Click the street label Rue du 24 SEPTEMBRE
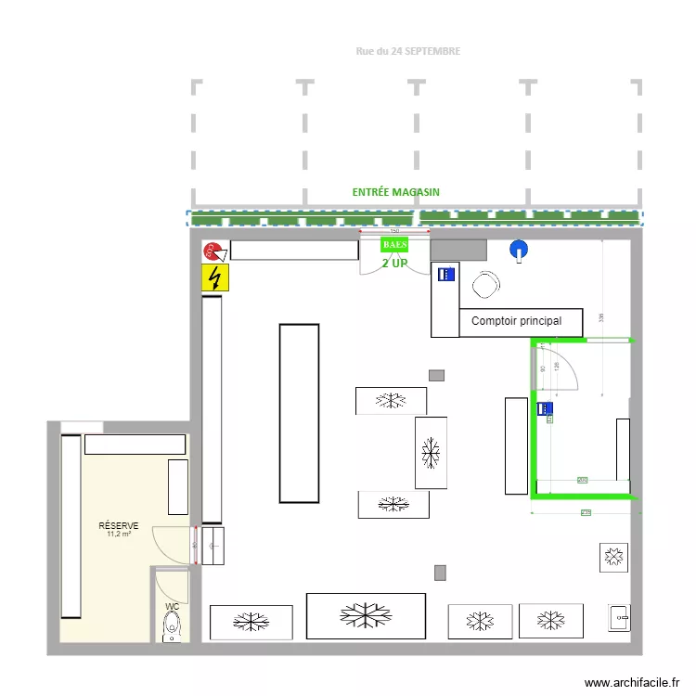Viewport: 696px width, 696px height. (x=407, y=52)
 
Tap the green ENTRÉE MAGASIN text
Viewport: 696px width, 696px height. (x=395, y=192)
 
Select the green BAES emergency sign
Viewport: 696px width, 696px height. (x=395, y=244)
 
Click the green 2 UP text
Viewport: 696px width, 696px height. (x=394, y=264)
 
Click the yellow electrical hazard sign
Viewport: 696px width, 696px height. (x=215, y=277)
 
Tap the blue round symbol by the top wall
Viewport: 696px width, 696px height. (x=518, y=249)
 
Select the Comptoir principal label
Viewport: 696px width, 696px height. (x=516, y=321)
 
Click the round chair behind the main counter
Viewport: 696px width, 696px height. (x=486, y=286)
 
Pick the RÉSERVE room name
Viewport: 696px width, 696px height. (x=119, y=526)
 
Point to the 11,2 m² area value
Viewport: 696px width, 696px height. (x=119, y=535)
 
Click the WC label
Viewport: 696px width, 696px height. (x=172, y=606)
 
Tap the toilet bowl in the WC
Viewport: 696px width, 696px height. (x=172, y=629)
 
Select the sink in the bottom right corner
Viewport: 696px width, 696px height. (x=619, y=617)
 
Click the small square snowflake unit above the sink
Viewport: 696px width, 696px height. (x=613, y=557)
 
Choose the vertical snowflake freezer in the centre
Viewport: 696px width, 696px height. (x=431, y=452)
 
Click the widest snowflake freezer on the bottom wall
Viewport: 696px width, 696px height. (x=366, y=616)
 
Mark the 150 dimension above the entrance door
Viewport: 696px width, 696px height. (x=394, y=230)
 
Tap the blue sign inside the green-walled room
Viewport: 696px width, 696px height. (x=546, y=407)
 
